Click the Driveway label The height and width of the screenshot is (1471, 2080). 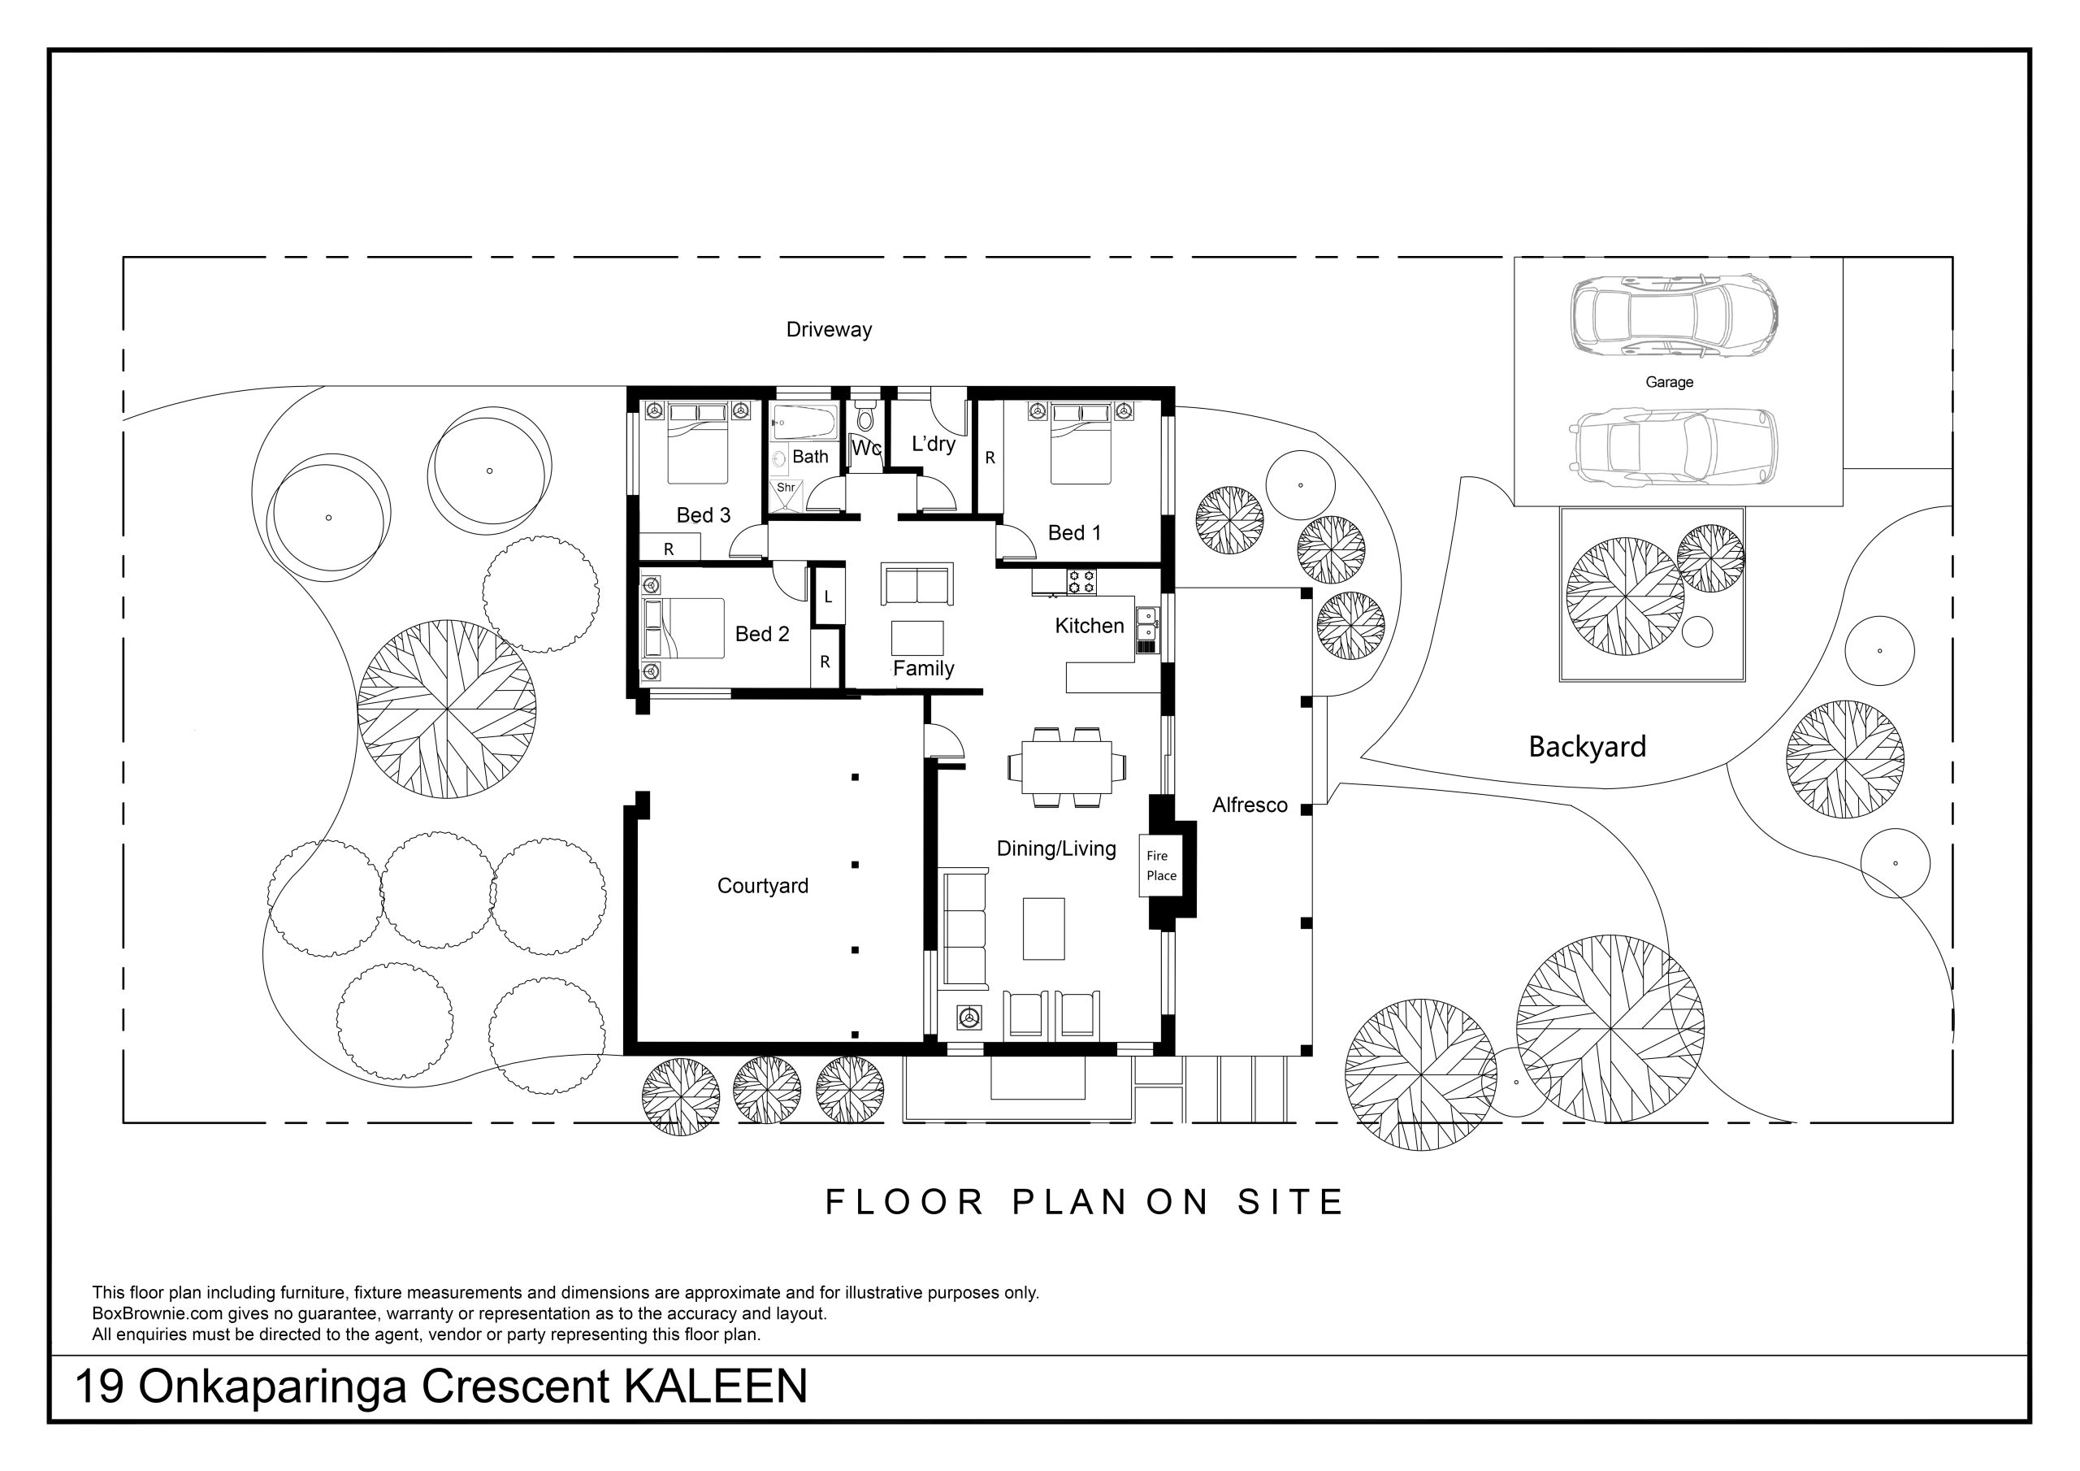828,330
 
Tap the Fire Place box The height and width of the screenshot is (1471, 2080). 1160,866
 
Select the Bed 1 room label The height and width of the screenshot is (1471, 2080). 1073,533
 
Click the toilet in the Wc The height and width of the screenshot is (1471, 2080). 865,418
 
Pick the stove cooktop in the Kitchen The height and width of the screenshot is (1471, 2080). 1081,581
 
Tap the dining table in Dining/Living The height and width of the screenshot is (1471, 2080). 1066,766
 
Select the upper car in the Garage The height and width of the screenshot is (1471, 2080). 1672,315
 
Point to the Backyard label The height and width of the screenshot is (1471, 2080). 1586,748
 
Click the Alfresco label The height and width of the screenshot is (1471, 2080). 1250,805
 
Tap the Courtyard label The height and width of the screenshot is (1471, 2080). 762,886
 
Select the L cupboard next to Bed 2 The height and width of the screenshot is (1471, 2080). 828,597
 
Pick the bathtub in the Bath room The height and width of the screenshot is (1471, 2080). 804,423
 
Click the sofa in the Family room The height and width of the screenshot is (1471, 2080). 916,584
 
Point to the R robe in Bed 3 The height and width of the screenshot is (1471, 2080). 669,548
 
